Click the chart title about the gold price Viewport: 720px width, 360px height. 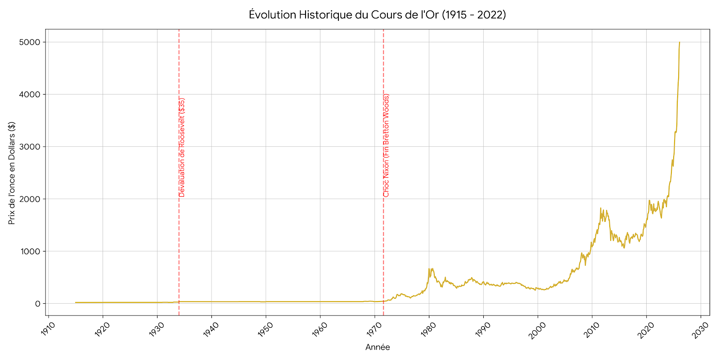click(x=377, y=15)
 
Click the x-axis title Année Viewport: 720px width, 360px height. click(x=378, y=347)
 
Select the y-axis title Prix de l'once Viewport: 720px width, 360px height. click(x=12, y=173)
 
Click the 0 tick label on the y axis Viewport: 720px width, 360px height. click(x=38, y=304)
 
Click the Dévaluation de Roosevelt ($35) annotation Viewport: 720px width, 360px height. click(x=182, y=148)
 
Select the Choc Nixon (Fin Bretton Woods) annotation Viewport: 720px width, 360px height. click(x=387, y=145)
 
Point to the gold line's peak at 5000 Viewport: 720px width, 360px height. click(x=679, y=42)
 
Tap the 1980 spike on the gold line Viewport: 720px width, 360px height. click(x=429, y=269)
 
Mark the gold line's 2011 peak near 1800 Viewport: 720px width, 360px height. click(x=600, y=208)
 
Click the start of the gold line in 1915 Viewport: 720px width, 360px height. click(x=76, y=302)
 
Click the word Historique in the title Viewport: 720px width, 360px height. click(x=324, y=15)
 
